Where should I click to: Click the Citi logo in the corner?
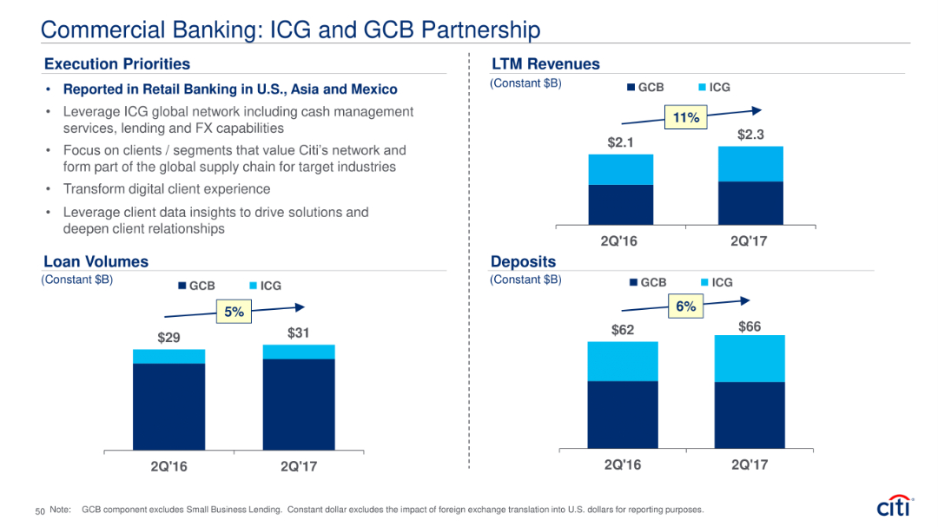click(x=895, y=506)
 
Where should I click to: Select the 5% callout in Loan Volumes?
click(x=233, y=313)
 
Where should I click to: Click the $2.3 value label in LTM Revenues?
click(x=750, y=135)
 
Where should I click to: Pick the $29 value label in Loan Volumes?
click(x=168, y=338)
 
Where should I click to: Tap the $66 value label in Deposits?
click(x=750, y=326)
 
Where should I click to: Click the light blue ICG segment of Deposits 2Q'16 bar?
click(x=622, y=361)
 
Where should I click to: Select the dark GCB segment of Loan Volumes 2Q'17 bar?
click(x=299, y=404)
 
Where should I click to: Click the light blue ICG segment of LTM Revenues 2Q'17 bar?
click(x=750, y=163)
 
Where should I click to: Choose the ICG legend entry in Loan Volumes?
click(x=265, y=286)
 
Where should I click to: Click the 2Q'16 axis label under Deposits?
click(x=622, y=465)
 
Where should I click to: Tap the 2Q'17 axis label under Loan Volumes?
click(x=299, y=467)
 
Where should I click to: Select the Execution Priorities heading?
click(x=116, y=64)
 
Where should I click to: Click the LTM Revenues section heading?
click(x=545, y=64)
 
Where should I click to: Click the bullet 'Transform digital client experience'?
click(x=167, y=189)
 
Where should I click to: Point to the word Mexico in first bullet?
click(x=373, y=89)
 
